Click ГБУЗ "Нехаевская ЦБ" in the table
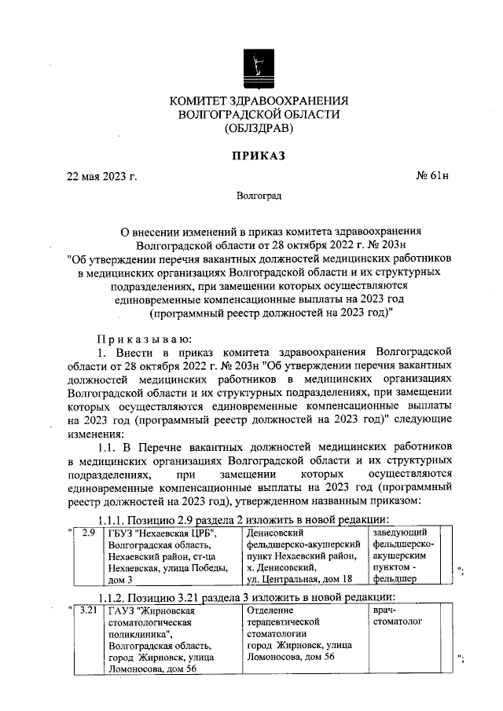(x=163, y=534)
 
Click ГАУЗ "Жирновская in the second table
(x=154, y=609)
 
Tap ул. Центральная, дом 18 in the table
(x=303, y=579)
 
